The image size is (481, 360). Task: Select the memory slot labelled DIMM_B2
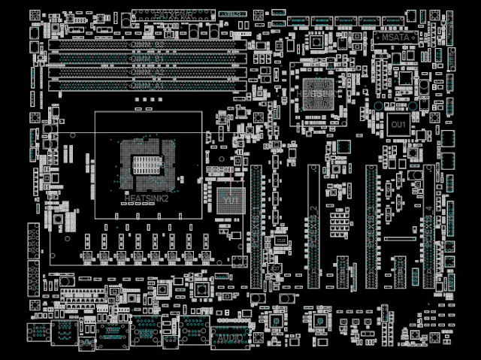click(x=148, y=44)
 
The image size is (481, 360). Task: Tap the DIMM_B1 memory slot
click(x=148, y=58)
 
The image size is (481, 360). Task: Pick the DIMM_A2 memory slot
click(x=148, y=72)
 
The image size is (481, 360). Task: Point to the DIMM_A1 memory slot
click(x=148, y=86)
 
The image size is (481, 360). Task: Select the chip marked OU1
click(x=398, y=123)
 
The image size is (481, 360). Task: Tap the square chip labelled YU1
click(x=230, y=200)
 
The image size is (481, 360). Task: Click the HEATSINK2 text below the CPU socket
click(x=147, y=198)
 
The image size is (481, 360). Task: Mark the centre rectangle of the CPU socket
click(x=147, y=163)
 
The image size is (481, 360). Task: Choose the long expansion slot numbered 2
click(x=313, y=225)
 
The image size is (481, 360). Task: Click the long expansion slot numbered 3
click(x=372, y=225)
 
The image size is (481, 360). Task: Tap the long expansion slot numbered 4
click(x=428, y=225)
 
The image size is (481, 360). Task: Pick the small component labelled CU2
click(x=280, y=240)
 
